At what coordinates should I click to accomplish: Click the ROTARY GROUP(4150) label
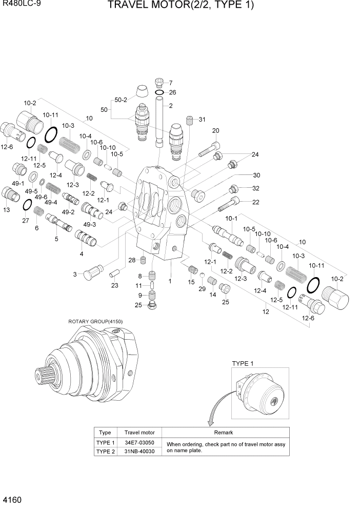point(95,322)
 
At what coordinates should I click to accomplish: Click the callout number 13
point(7,209)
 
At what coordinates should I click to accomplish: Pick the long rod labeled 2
point(158,123)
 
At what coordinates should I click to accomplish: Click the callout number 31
point(202,120)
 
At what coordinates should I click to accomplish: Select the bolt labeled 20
point(209,149)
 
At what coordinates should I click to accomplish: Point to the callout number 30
point(256,175)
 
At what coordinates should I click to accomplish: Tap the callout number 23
point(115,285)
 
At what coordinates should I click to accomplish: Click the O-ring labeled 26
point(159,92)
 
